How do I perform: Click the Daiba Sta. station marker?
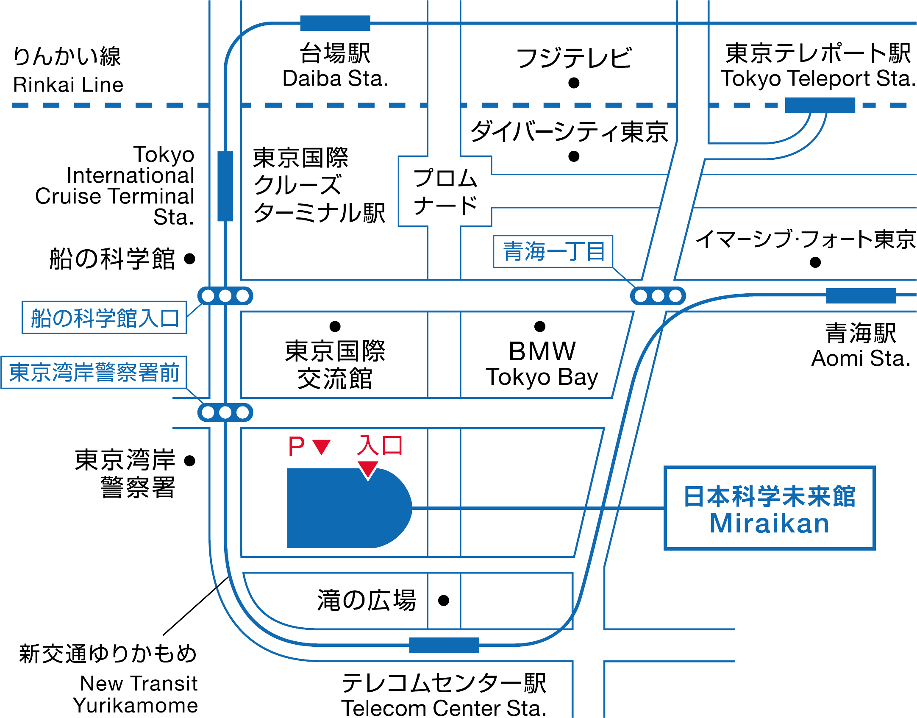[335, 23]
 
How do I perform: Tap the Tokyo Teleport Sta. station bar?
[820, 105]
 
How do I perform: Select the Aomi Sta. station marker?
[861, 295]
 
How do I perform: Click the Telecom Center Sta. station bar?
[444, 645]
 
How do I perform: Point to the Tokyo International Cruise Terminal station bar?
[225, 186]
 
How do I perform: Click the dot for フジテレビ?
[574, 83]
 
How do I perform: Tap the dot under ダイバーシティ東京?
[574, 156]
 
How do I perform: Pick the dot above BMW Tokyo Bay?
[540, 326]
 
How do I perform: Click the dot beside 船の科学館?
[190, 258]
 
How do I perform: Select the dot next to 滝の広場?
[444, 600]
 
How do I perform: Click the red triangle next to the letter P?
[322, 447]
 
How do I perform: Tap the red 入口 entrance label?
[380, 446]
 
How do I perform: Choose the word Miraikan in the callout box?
[770, 523]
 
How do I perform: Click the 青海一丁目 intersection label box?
[553, 251]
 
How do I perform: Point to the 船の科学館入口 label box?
[104, 317]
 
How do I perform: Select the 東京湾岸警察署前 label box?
[94, 372]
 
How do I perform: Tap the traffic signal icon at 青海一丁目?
[658, 295]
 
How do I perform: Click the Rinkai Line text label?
[68, 85]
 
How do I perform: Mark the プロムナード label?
[445, 192]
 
